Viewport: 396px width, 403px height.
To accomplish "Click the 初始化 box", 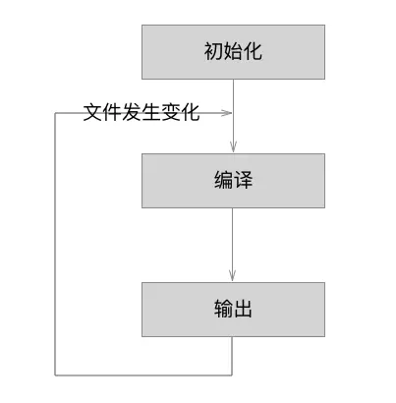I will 232,52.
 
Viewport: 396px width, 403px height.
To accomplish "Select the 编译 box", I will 232,181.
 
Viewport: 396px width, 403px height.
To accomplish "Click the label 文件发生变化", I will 141,113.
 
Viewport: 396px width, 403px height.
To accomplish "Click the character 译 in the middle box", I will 243,182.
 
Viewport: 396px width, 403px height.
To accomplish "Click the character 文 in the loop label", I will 92,113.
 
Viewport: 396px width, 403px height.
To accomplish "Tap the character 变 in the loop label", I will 171,113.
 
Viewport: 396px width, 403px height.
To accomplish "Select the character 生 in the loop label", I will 151,113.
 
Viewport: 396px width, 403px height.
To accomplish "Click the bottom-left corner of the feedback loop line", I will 55,374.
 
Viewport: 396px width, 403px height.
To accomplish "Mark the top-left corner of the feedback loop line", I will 55,114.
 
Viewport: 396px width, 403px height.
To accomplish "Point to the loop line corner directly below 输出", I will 233,374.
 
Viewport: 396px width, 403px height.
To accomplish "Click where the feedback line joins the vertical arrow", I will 233,114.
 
